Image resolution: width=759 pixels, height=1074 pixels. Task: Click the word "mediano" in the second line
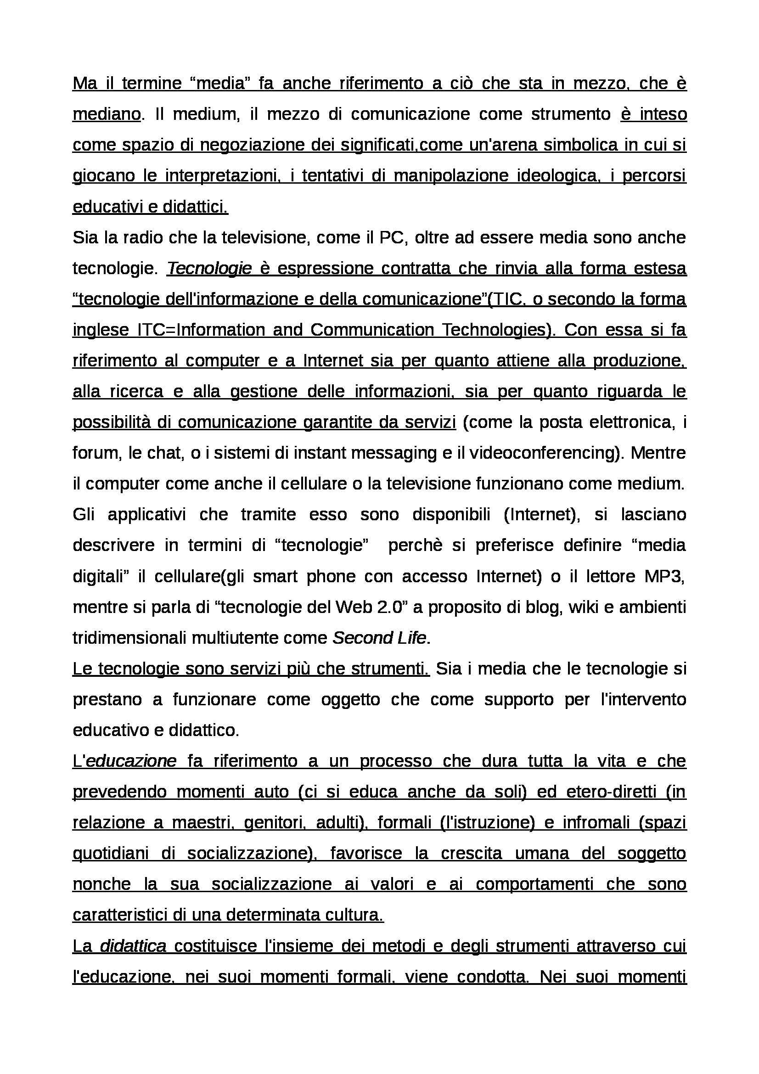pos(107,114)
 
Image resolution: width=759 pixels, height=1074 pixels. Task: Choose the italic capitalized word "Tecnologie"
pos(209,268)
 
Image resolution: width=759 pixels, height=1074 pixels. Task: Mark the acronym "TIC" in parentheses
pos(506,299)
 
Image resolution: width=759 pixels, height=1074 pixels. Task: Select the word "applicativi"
pos(147,514)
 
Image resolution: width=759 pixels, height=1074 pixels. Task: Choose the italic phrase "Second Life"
pos(379,638)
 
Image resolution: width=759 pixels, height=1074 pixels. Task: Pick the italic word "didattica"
pos(133,946)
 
